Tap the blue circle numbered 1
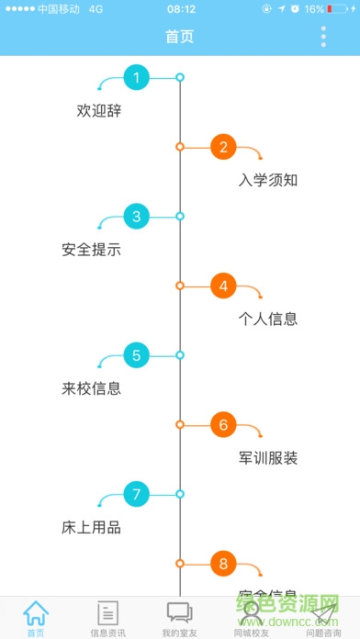[136, 77]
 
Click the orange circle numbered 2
[223, 147]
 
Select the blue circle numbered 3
[136, 217]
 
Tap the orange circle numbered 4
[223, 286]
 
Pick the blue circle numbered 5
[136, 355]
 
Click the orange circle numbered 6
[223, 425]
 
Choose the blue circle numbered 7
[136, 495]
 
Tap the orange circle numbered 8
[223, 564]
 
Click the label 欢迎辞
[99, 111]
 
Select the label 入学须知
[268, 180]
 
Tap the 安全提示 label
[92, 250]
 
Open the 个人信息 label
[268, 319]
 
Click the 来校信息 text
[92, 388]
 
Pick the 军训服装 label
[268, 458]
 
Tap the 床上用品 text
[92, 528]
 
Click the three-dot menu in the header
[323, 37]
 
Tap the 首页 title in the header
[180, 37]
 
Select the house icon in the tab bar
[35, 612]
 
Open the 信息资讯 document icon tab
[107, 612]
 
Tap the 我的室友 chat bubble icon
[179, 612]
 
